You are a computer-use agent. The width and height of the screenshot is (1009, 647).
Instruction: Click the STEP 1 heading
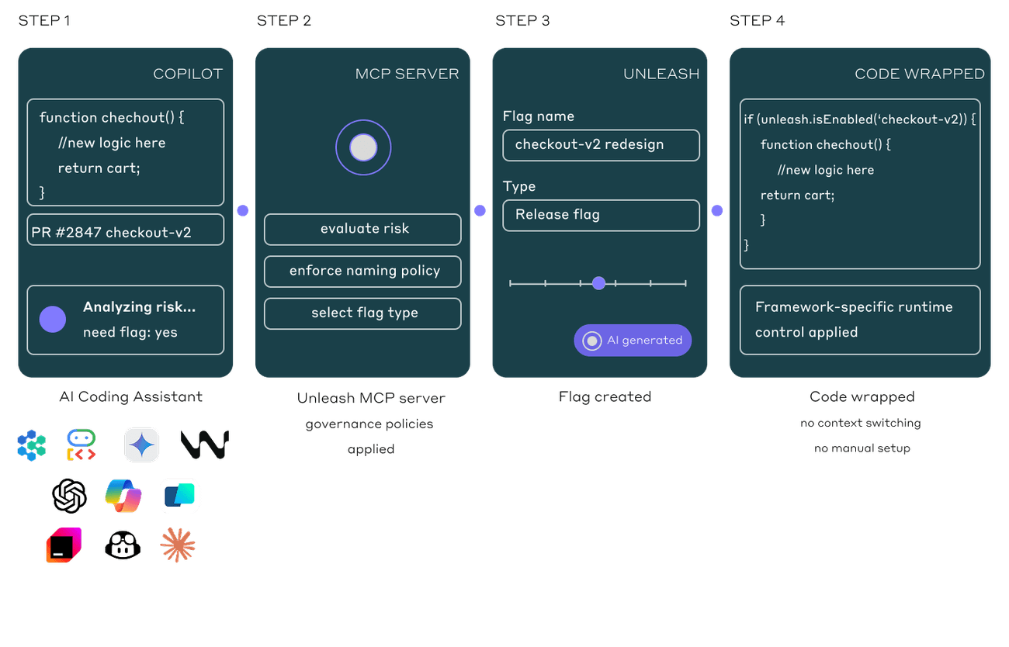coord(44,21)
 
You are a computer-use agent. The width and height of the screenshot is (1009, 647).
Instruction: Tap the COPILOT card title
coord(188,74)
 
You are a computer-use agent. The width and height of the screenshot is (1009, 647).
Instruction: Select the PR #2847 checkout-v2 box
coord(125,230)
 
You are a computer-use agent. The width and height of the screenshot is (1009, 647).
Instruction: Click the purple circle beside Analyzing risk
coord(53,319)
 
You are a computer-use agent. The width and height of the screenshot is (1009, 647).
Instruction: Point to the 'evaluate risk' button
coord(362,230)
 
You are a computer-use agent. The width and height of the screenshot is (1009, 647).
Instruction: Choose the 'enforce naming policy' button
coord(362,272)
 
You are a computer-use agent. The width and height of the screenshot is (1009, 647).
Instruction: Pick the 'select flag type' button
coord(362,313)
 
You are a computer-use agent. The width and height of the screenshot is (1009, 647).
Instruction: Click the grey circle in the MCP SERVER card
coord(363,147)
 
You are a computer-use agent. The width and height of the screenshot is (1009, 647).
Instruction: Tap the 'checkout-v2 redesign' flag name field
coord(601,146)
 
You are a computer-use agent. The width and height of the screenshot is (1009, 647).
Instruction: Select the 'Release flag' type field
coord(601,216)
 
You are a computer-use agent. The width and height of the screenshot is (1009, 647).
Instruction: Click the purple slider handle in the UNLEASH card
coord(598,283)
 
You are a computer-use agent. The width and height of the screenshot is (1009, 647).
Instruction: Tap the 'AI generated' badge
coord(633,341)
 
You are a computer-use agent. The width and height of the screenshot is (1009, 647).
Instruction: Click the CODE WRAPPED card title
coord(919,74)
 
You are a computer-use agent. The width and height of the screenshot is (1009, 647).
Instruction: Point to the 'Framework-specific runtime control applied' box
coord(859,320)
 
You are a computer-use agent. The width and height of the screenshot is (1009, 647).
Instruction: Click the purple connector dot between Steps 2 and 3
coord(480,210)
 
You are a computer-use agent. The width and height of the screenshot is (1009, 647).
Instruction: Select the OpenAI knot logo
coord(70,495)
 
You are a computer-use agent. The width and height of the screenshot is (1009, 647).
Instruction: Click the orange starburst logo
coord(178,545)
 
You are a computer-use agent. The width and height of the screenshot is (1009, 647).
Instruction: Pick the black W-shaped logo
coord(204,445)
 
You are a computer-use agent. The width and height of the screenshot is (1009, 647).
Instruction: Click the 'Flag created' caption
coord(605,397)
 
